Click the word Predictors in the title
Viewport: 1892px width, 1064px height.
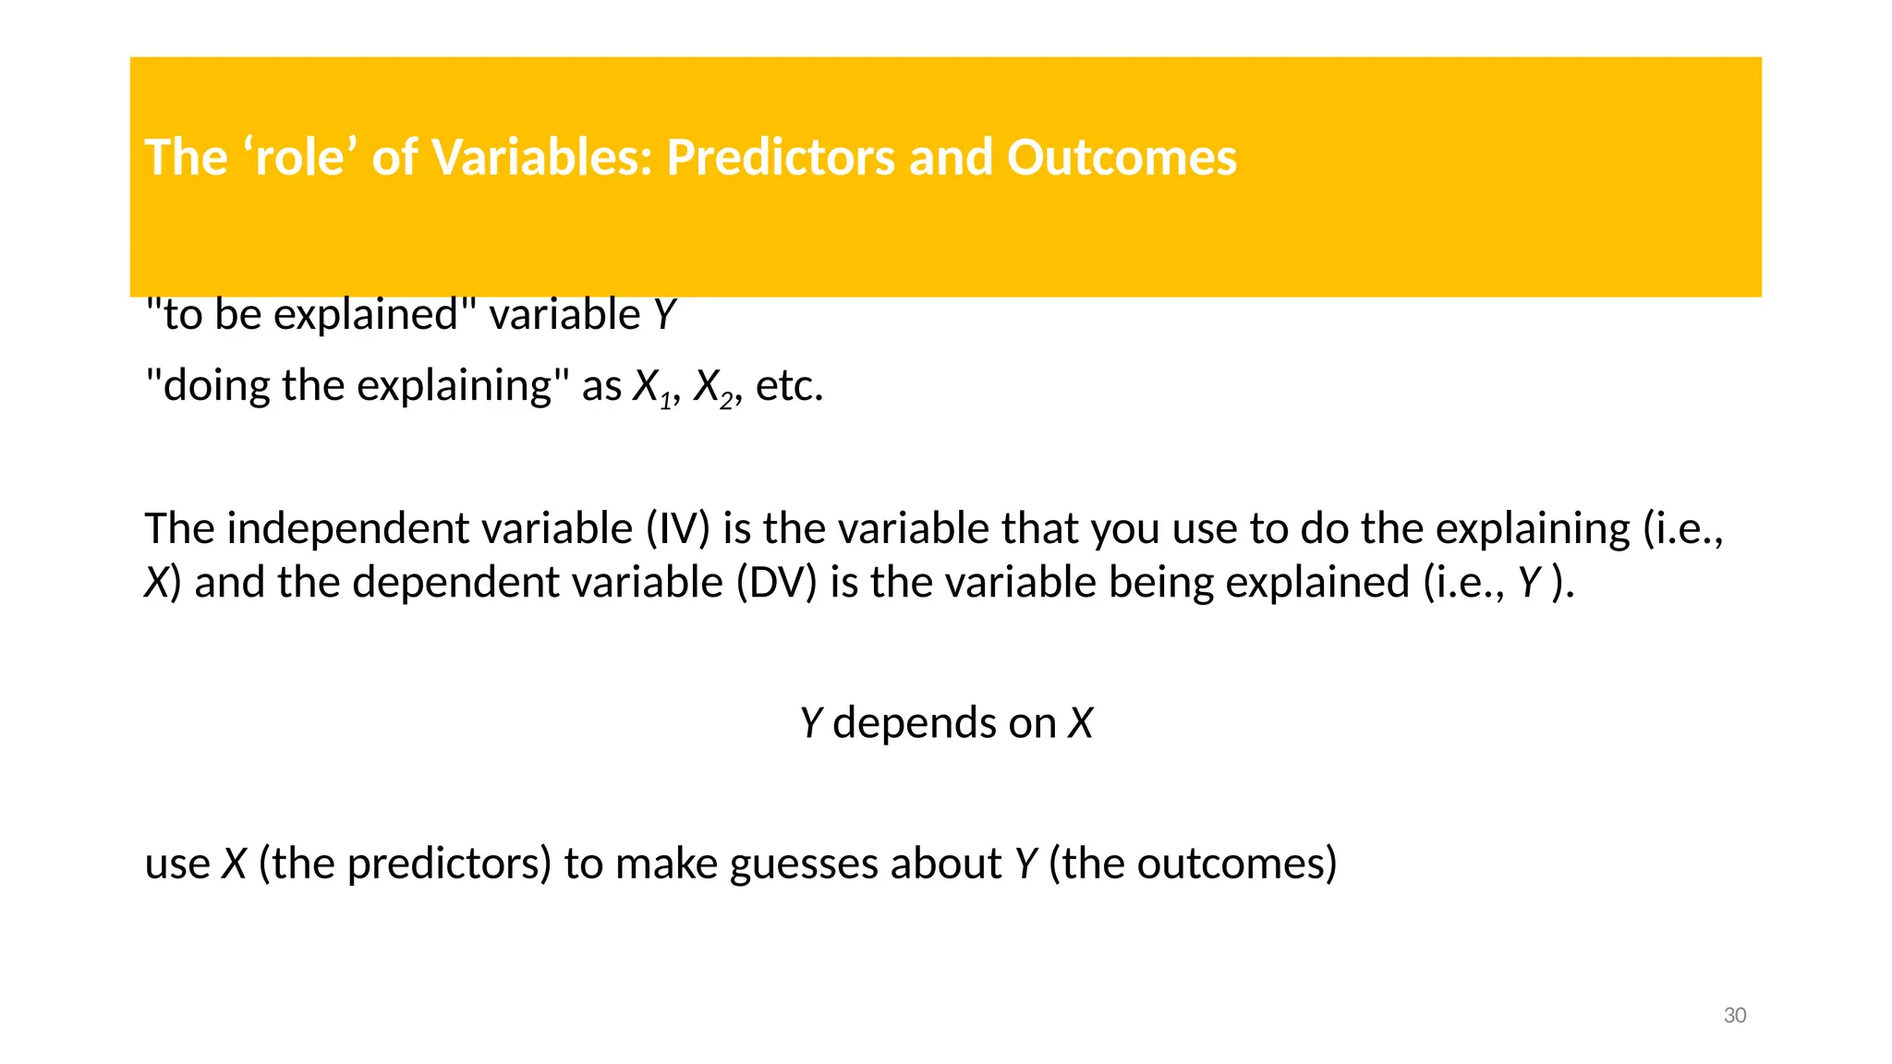pyautogui.click(x=782, y=157)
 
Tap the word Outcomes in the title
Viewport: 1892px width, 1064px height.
pyautogui.click(x=1121, y=157)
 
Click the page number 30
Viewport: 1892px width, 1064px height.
pyautogui.click(x=1734, y=1015)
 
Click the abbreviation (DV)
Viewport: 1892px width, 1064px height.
pyautogui.click(x=776, y=583)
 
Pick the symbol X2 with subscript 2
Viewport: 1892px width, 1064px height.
pyautogui.click(x=714, y=387)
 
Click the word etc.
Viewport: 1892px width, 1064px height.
pyautogui.click(x=788, y=387)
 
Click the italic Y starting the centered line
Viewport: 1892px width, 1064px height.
pyautogui.click(x=810, y=723)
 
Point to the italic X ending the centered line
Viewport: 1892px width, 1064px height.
pyautogui.click(x=1080, y=723)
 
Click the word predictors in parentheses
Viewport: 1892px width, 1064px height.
pyautogui.click(x=404, y=864)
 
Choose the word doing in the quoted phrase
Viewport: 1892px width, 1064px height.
pyautogui.click(x=217, y=385)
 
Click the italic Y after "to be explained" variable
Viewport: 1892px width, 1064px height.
pyautogui.click(x=664, y=314)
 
